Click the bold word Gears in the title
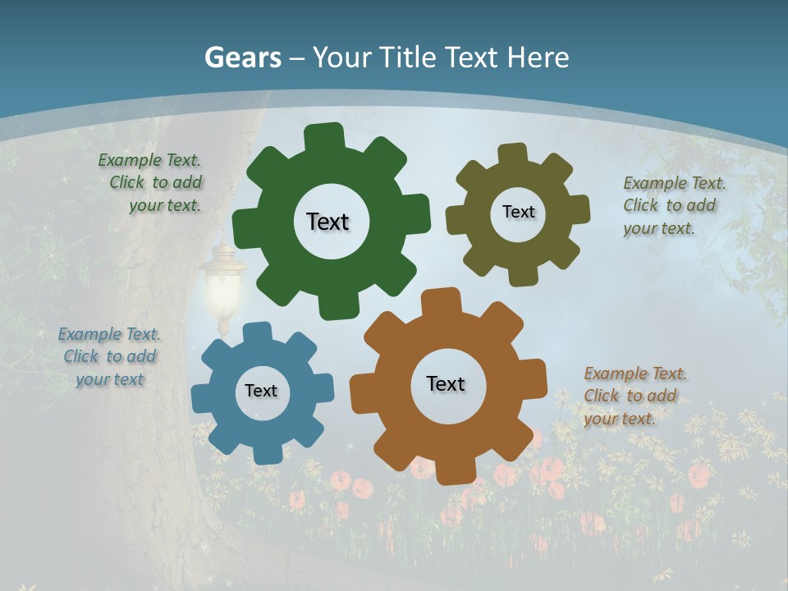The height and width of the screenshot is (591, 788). [x=243, y=57]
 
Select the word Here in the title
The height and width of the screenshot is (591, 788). [x=538, y=57]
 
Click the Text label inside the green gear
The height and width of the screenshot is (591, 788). [x=328, y=222]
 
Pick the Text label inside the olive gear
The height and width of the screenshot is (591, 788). [x=518, y=212]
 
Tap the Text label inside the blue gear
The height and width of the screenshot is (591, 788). [x=261, y=391]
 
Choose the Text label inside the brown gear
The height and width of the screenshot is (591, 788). [x=446, y=383]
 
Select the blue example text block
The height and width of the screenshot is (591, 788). [x=109, y=356]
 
